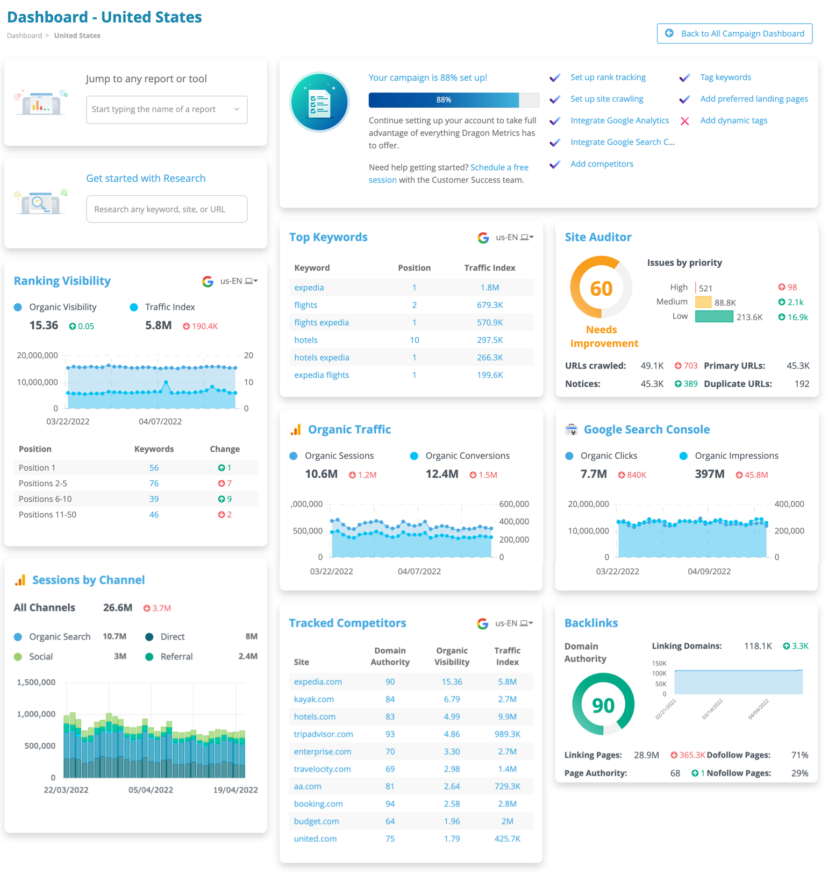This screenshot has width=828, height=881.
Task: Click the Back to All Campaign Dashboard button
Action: coord(734,33)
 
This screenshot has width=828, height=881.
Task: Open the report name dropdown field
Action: coord(167,109)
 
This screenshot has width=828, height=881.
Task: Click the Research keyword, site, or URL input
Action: coord(167,209)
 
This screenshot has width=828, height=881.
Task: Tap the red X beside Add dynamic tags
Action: coord(684,121)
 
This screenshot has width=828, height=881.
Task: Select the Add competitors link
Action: coord(601,164)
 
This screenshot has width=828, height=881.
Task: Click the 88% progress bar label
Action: coord(444,100)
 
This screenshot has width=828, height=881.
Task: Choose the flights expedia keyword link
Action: coord(322,323)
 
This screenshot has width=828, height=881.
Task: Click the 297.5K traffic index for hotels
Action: coord(489,340)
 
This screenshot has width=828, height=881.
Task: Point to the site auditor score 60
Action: coord(601,289)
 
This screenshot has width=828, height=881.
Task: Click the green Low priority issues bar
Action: coord(713,317)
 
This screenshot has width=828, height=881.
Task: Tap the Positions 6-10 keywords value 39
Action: coord(154,499)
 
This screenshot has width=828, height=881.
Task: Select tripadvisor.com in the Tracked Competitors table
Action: coord(323,734)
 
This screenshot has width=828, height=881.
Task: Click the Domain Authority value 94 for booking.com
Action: coord(390,804)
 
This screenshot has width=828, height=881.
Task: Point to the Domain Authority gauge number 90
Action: coord(603,705)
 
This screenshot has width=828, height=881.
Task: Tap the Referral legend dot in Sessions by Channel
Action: coord(149,657)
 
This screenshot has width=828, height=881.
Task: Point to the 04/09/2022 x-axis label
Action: coord(709,571)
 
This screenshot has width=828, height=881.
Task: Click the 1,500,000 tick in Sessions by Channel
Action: coord(36,682)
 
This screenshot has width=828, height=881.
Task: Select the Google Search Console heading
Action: coord(646,429)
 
